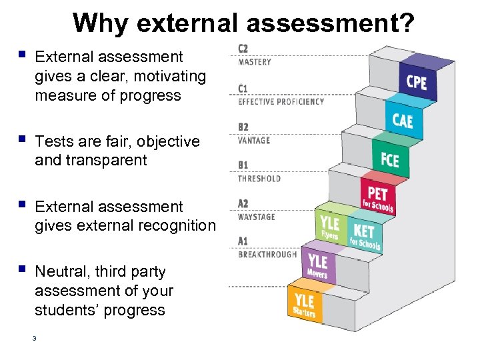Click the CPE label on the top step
tap(417, 82)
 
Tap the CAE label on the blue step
tap(402, 121)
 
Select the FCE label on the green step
tap(390, 160)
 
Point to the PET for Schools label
tap(377, 198)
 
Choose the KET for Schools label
tap(364, 235)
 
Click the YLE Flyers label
tap(329, 226)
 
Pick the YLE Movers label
tap(318, 264)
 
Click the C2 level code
tap(243, 49)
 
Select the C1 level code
tap(243, 89)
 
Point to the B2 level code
tap(243, 127)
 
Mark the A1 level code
tap(243, 241)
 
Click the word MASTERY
tap(255, 62)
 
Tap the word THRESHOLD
tap(259, 178)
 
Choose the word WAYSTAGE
tap(257, 217)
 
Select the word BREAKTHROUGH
tap(267, 255)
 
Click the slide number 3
tap(34, 339)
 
